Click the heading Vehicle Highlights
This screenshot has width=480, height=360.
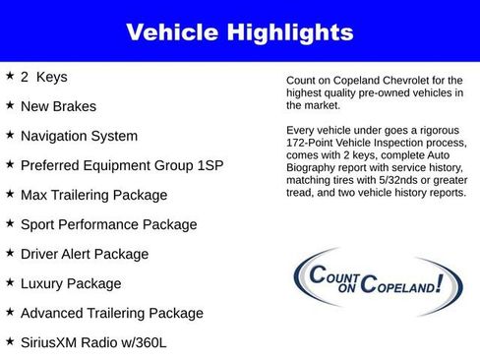(x=239, y=32)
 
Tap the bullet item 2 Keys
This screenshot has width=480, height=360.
(x=44, y=77)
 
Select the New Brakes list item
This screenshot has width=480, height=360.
(x=59, y=106)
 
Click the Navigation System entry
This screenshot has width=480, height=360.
(x=80, y=136)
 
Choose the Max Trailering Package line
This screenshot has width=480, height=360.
(x=94, y=195)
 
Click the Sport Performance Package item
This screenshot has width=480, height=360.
(x=108, y=224)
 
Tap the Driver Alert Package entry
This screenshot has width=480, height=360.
(x=85, y=254)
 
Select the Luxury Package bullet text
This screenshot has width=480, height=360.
(x=71, y=283)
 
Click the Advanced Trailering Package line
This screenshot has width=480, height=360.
(x=111, y=313)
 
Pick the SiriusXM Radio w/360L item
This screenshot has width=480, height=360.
(x=94, y=342)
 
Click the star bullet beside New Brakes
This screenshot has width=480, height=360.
(x=10, y=105)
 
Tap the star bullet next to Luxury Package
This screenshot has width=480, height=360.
(x=10, y=282)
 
